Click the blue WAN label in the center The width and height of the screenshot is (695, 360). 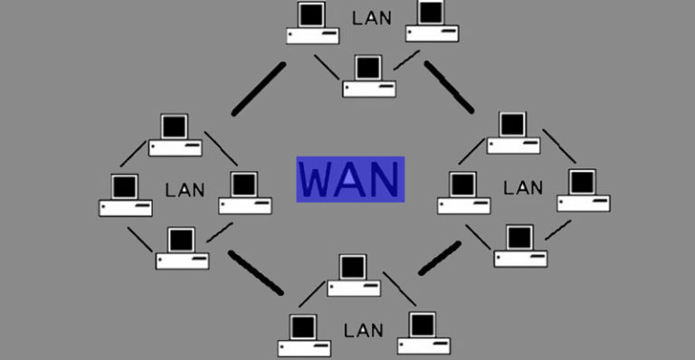(x=349, y=179)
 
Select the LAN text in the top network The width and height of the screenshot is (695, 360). (x=371, y=17)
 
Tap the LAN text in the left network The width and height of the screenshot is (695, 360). (x=186, y=190)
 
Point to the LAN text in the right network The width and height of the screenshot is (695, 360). (x=523, y=188)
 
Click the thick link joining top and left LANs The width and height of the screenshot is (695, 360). (x=259, y=90)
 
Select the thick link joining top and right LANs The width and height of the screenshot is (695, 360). (x=449, y=87)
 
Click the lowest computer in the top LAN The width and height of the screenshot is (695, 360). (x=369, y=77)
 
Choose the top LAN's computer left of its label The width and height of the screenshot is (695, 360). (x=313, y=24)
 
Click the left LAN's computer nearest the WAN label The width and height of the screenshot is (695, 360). (x=244, y=193)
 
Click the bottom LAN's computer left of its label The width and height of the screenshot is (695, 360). (x=305, y=334)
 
